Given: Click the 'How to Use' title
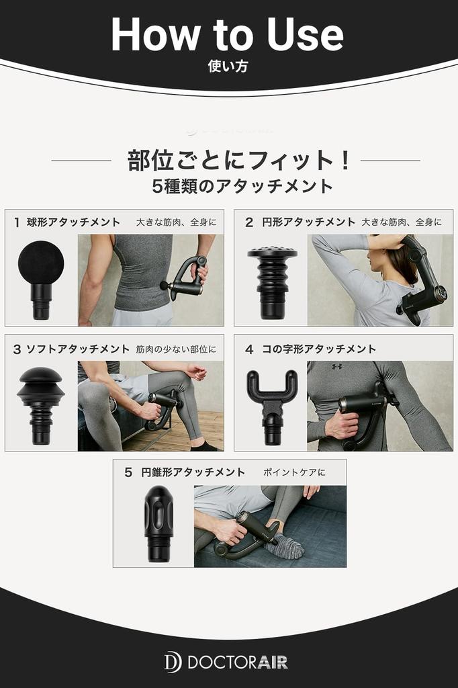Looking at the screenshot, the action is click(x=227, y=34).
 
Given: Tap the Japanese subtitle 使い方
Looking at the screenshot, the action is click(x=228, y=67).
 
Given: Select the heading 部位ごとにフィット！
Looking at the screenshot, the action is click(x=239, y=160).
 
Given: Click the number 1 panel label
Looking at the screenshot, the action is click(x=17, y=222).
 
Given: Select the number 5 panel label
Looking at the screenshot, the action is click(x=128, y=472).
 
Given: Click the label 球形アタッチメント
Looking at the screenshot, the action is click(x=73, y=222).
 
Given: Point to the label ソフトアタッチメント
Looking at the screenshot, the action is click(x=78, y=349).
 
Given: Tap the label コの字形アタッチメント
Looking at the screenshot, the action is click(x=319, y=349).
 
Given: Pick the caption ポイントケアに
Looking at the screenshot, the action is click(x=294, y=472).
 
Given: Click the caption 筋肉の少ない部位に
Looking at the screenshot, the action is click(x=176, y=349).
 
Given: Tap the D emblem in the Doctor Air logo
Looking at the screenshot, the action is click(x=173, y=662).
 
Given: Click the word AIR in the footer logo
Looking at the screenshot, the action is click(x=272, y=662).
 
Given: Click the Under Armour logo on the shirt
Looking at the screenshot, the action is click(x=337, y=366).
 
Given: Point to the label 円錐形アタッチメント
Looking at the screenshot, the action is click(x=193, y=472).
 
